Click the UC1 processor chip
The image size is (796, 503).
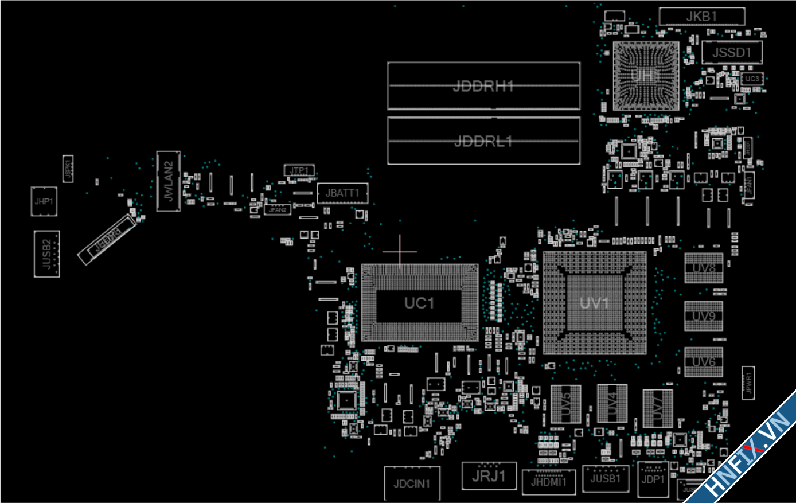419,303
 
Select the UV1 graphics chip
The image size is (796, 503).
594,303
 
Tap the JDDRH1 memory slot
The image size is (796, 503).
483,86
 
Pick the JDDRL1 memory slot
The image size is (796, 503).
483,141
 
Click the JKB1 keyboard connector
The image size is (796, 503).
701,17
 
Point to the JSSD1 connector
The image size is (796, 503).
732,53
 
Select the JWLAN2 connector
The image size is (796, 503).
168,181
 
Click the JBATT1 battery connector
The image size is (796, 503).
342,193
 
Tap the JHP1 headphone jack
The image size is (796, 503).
44,201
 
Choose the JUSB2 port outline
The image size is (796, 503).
46,254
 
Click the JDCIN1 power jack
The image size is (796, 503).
411,483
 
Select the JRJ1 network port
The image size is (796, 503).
489,476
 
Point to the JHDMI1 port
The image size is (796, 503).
548,482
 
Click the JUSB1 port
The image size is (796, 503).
606,478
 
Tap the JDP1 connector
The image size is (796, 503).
653,479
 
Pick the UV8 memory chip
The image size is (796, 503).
704,268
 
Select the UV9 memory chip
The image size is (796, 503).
704,316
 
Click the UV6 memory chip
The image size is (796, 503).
704,362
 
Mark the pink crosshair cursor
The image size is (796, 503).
400,251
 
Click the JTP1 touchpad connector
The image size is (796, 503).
299,170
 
